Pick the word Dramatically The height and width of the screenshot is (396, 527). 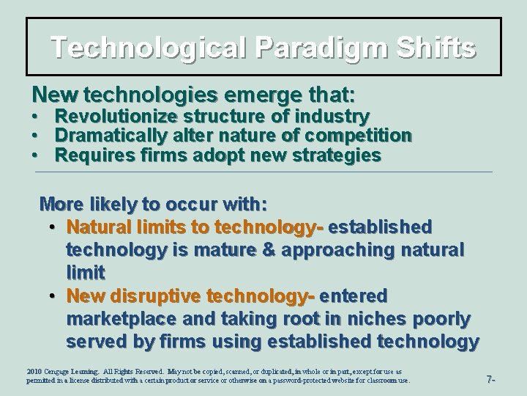tap(113, 136)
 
